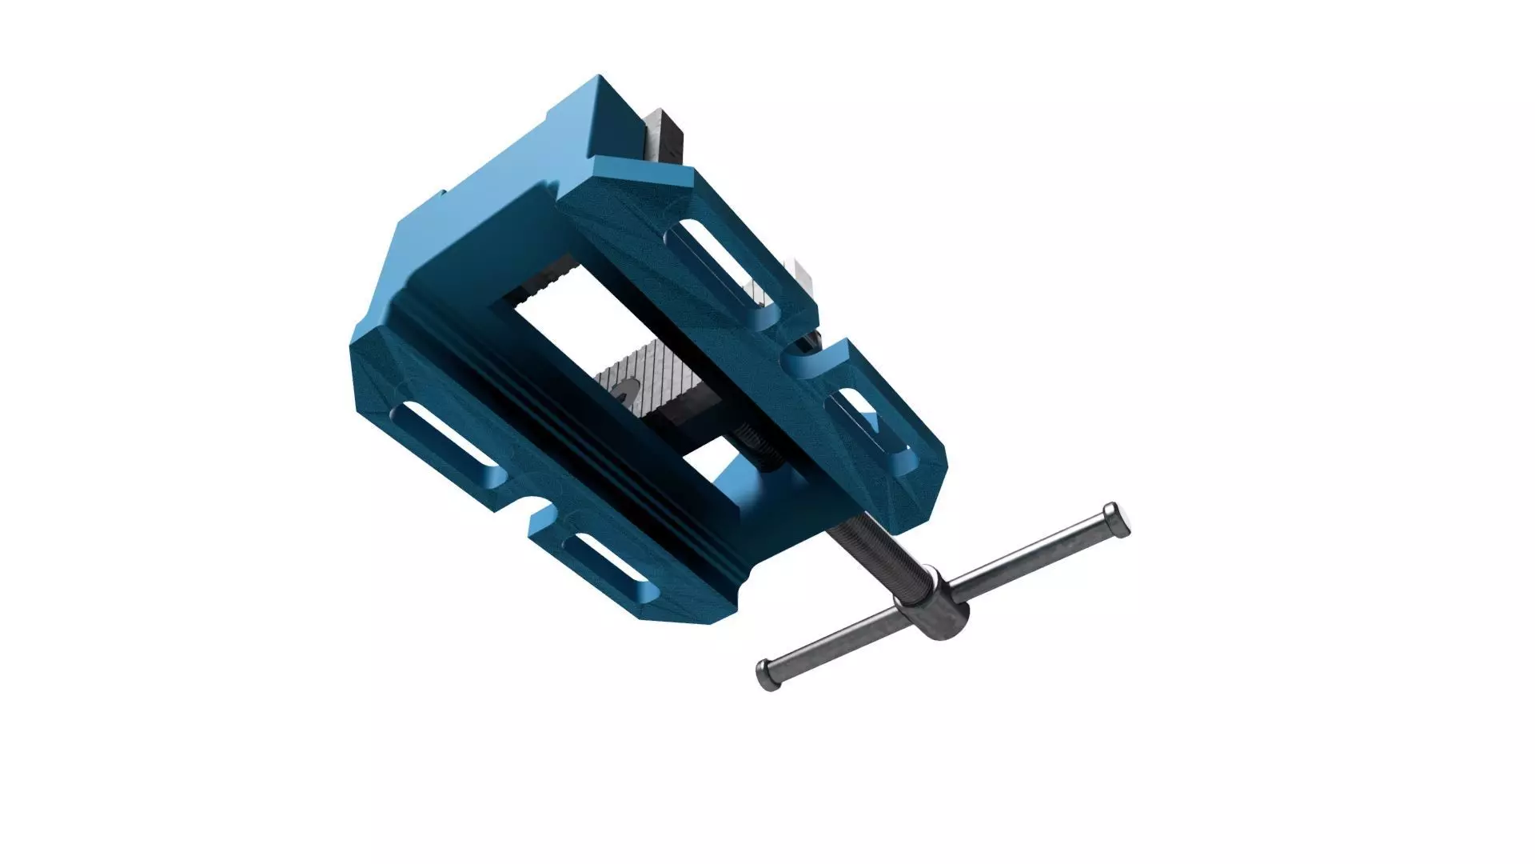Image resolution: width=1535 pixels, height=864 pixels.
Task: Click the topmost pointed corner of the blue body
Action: click(599, 78)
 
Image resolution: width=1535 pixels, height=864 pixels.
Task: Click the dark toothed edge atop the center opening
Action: click(552, 280)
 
